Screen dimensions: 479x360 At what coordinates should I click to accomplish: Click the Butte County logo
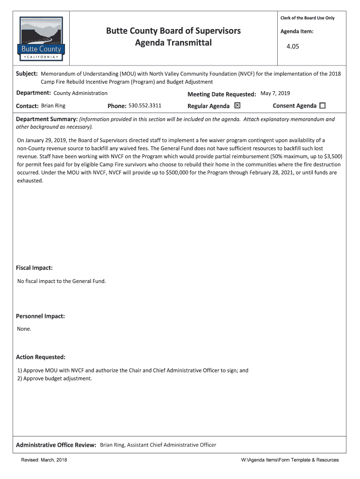click(x=42, y=38)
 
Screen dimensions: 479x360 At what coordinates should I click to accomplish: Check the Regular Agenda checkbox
click(x=237, y=105)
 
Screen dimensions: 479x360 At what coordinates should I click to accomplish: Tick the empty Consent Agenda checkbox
click(x=322, y=106)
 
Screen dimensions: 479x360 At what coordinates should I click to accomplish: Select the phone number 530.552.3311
click(x=145, y=106)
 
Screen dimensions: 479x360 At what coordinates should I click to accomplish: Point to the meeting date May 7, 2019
click(x=275, y=93)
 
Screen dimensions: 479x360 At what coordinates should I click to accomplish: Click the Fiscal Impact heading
click(x=34, y=268)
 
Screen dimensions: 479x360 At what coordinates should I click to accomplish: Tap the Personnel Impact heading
click(x=40, y=316)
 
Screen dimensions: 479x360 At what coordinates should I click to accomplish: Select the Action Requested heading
click(x=41, y=357)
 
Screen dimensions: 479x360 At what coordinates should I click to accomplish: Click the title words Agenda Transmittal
click(x=173, y=43)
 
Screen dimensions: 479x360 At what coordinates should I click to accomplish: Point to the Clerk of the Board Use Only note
click(x=307, y=18)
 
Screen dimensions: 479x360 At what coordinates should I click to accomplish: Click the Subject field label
click(x=27, y=74)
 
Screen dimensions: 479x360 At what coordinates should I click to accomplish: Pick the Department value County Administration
click(x=80, y=93)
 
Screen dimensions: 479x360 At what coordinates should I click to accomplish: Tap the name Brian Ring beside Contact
click(x=53, y=106)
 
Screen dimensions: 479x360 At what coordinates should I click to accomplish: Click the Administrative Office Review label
click(x=56, y=445)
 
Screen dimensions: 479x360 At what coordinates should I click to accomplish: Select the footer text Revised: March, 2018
click(x=44, y=460)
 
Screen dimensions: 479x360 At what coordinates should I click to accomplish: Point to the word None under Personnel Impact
click(x=24, y=329)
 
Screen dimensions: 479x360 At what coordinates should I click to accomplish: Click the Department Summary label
click(x=47, y=119)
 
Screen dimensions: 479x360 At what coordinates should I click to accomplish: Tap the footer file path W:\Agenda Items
click(x=289, y=460)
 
